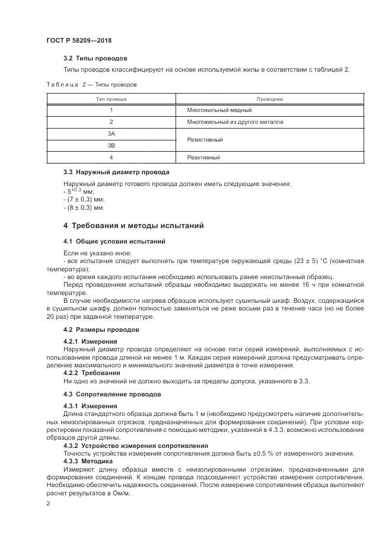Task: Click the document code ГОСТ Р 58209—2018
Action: pos(78,40)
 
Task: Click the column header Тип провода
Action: pos(111,99)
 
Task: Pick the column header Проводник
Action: pos(270,99)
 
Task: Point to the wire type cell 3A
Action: pos(111,134)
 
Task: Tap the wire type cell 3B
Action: pos(111,145)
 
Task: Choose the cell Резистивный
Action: pos(205,140)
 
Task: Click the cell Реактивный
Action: pos(203,157)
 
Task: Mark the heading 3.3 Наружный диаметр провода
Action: pos(116,172)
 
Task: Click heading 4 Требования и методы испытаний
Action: pos(133,226)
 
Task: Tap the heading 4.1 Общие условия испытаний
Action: pos(114,241)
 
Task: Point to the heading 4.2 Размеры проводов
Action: pos(101,329)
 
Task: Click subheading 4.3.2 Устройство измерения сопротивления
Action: pos(136,445)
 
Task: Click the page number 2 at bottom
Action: pos(49,504)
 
